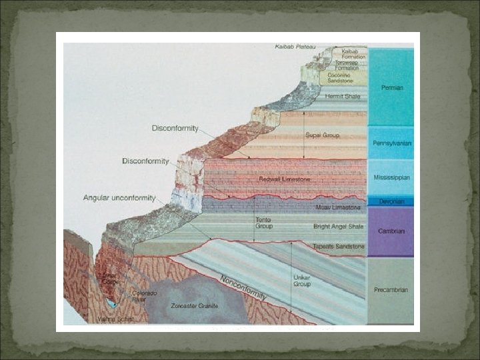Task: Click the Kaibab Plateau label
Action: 296,47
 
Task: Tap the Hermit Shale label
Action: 342,96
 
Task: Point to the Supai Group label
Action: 322,135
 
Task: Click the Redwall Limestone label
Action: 285,179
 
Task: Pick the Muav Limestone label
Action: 338,207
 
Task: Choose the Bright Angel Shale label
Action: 339,227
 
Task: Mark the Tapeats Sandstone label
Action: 339,247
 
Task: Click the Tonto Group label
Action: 264,223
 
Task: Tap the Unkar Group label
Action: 302,280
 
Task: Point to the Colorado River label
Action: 144,297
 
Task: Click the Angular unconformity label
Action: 119,198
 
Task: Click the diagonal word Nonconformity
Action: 243,287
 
